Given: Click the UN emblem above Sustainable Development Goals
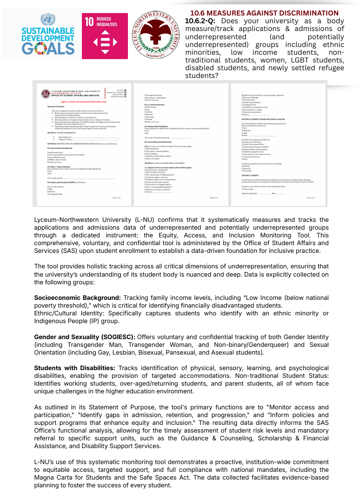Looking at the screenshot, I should click(47, 20).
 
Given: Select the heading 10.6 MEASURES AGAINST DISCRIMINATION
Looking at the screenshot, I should click(264, 13).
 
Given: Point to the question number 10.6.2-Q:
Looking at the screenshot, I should click(201, 20).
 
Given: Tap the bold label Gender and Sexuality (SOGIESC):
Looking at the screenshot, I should click(85, 337).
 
